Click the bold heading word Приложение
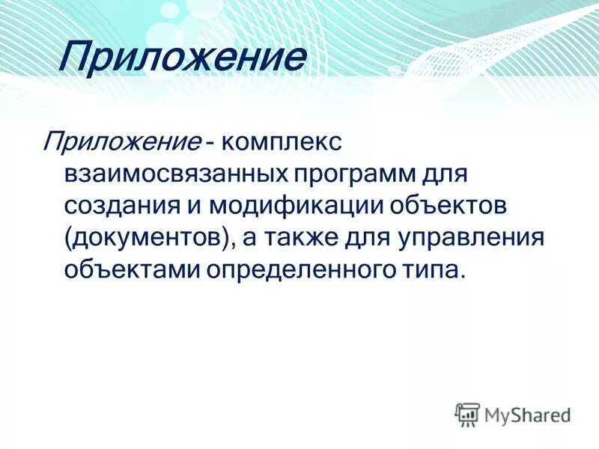pyautogui.click(x=183, y=58)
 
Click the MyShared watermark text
pyautogui.click(x=528, y=412)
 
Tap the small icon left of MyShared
pyautogui.click(x=467, y=412)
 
